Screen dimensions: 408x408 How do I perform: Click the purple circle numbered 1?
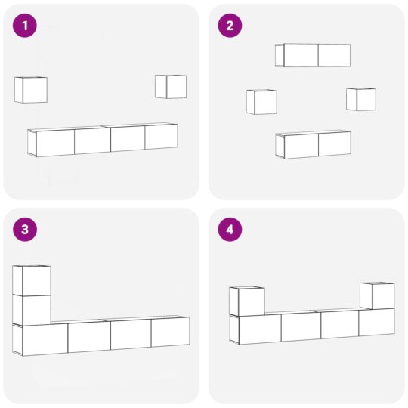pyautogui.click(x=25, y=26)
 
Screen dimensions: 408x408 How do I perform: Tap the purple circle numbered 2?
pyautogui.click(x=230, y=26)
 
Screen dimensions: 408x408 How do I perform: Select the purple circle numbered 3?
pyautogui.click(x=25, y=230)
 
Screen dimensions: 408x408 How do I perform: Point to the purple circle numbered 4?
pyautogui.click(x=230, y=230)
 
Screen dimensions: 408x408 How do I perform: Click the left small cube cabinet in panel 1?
pyautogui.click(x=31, y=90)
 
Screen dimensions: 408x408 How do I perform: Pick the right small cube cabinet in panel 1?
pyautogui.click(x=171, y=87)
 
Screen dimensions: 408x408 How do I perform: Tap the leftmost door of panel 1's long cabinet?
pyautogui.click(x=55, y=143)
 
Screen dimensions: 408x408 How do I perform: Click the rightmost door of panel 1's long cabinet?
pyautogui.click(x=162, y=137)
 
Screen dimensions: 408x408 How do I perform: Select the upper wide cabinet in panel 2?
pyautogui.click(x=313, y=55)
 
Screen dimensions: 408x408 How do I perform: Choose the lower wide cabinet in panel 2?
pyautogui.click(x=313, y=144)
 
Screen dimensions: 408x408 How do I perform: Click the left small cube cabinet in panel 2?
pyautogui.click(x=261, y=102)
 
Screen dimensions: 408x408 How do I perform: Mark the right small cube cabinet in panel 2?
pyautogui.click(x=361, y=99)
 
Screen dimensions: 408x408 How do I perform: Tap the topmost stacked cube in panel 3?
pyautogui.click(x=32, y=280)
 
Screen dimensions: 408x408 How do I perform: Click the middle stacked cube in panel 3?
pyautogui.click(x=32, y=310)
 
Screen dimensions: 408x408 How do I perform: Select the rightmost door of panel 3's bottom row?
pyautogui.click(x=170, y=332)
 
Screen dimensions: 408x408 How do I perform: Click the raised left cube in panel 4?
pyautogui.click(x=247, y=301)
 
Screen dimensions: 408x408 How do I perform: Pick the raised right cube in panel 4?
pyautogui.click(x=377, y=296)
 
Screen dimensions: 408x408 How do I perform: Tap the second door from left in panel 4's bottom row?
pyautogui.click(x=301, y=327)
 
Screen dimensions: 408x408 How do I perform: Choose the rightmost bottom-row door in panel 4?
pyautogui.click(x=376, y=322)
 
